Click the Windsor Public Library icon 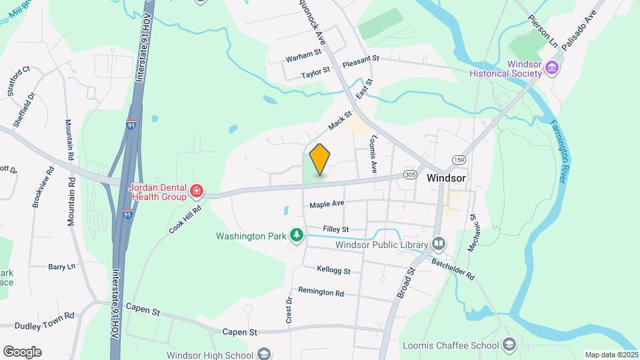438,244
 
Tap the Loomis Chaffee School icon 510,345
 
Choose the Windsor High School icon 264,353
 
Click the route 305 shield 409,175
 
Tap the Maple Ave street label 327,204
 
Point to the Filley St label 335,229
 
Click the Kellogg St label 334,270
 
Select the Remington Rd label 321,291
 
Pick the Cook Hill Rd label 185,218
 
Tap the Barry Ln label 62,267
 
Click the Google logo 22,351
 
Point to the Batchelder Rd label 453,269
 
